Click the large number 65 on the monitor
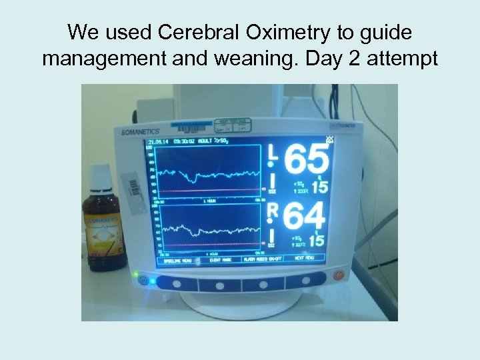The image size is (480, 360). [307, 161]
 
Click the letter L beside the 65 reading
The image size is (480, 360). [271, 153]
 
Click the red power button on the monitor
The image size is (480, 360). [338, 275]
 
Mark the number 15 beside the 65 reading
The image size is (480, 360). [319, 187]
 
